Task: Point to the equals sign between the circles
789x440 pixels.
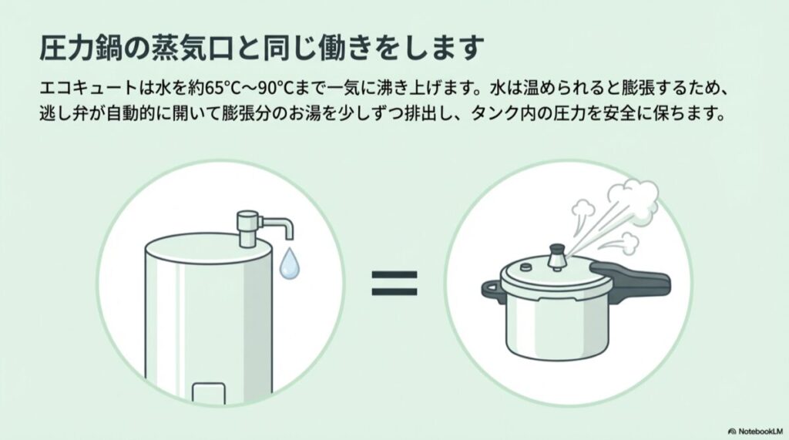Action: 394,283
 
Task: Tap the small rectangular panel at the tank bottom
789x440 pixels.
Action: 208,393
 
